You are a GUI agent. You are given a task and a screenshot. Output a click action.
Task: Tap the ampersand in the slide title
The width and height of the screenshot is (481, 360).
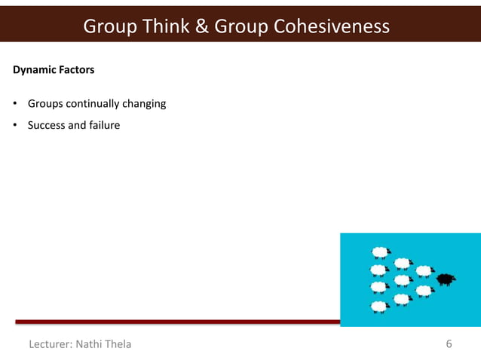point(201,26)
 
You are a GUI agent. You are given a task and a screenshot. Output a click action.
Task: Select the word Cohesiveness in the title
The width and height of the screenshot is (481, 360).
point(332,26)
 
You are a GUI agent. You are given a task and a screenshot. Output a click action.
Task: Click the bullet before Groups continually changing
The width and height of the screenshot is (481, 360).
point(15,103)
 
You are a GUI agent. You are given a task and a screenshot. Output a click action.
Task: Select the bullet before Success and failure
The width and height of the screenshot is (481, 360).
point(15,125)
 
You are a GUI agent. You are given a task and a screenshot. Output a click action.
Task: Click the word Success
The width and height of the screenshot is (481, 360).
point(47,125)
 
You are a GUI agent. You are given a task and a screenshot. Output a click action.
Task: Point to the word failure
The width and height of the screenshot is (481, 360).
point(103,125)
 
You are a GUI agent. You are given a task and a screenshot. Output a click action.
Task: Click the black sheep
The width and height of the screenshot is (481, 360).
point(446,279)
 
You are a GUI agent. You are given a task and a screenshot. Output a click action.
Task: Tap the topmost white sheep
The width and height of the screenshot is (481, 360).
point(381,252)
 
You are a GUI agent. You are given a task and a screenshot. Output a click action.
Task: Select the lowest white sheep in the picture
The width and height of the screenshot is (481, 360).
point(379,307)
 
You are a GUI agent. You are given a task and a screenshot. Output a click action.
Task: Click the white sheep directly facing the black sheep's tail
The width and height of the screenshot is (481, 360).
point(424,271)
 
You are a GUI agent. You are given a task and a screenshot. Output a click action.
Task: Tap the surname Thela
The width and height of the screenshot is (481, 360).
point(119,344)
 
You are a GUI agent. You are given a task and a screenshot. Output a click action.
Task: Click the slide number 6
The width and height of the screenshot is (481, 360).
point(449,344)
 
